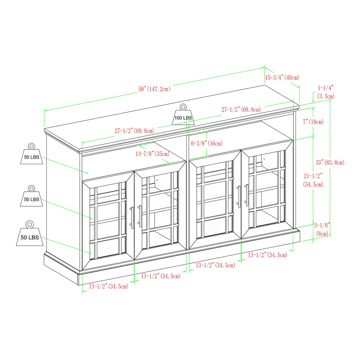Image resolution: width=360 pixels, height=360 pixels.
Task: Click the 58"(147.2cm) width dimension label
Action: [x=154, y=89]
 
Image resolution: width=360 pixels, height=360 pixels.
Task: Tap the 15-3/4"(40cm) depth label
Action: [x=282, y=77]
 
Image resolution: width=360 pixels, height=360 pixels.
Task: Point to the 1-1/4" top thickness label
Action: [x=325, y=92]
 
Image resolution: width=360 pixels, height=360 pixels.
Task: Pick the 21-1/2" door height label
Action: [x=313, y=180]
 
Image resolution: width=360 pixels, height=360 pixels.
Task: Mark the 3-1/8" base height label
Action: [x=322, y=229]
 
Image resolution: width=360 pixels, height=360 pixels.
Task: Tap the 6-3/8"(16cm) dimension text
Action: [x=206, y=143]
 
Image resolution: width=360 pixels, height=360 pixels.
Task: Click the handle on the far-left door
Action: [x=132, y=217]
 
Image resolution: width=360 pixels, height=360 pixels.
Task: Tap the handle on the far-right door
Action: [x=247, y=195]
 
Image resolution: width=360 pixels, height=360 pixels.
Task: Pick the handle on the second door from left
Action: [x=140, y=216]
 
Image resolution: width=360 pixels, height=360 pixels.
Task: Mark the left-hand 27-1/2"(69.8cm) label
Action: [x=134, y=131]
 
